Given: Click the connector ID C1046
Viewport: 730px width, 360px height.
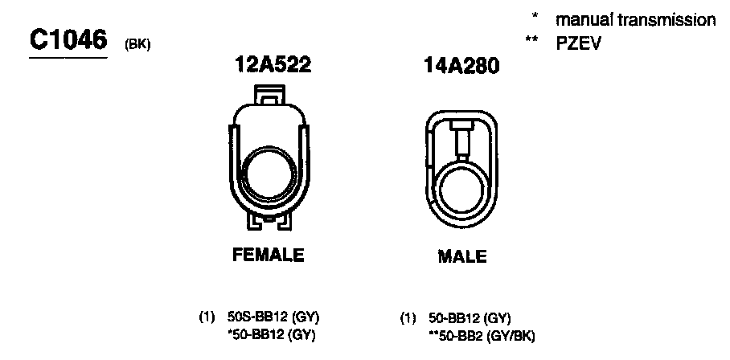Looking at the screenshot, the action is pos(68,42).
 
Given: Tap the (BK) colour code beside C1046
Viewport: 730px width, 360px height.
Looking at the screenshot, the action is pos(137,47).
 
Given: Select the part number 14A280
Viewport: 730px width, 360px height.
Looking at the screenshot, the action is pos(461,67).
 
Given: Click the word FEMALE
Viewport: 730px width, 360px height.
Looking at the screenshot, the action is pos(269,255).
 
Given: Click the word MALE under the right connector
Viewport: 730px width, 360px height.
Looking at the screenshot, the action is pos(461,256).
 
